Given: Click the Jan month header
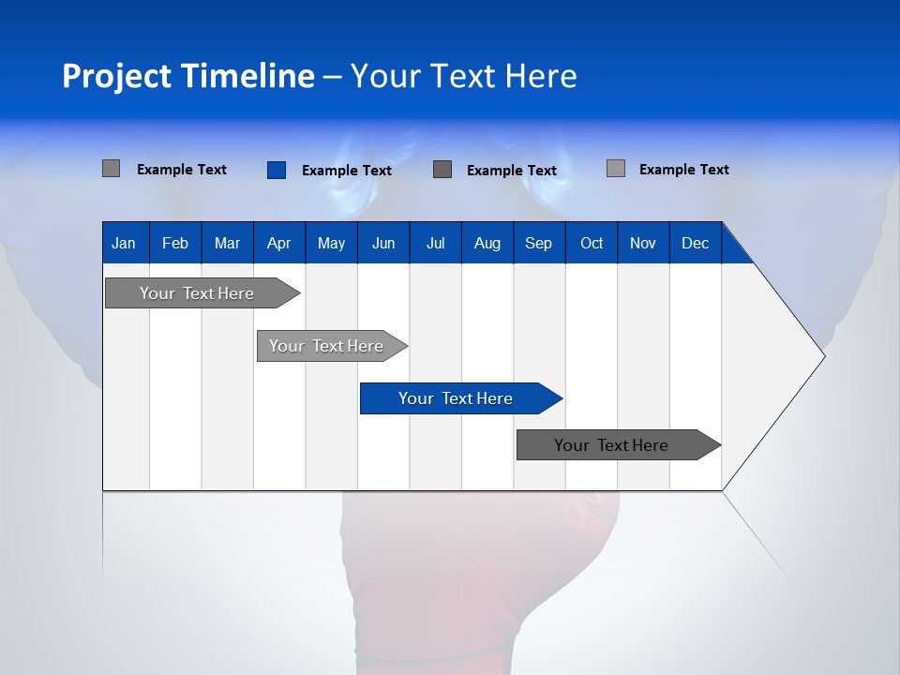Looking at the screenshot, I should [124, 243].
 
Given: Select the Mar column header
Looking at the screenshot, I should [227, 243].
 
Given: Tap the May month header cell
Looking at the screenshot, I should [331, 243].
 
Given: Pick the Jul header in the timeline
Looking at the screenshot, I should [435, 243].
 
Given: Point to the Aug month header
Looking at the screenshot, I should [487, 243].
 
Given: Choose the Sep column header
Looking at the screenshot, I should [538, 243].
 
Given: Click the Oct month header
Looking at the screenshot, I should [591, 243].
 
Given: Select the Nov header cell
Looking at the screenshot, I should [642, 243].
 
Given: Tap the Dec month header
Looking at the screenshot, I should [695, 243].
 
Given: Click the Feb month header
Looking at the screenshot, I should [175, 243].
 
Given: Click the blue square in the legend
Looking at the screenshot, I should [276, 170].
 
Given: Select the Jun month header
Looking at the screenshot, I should [383, 243].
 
